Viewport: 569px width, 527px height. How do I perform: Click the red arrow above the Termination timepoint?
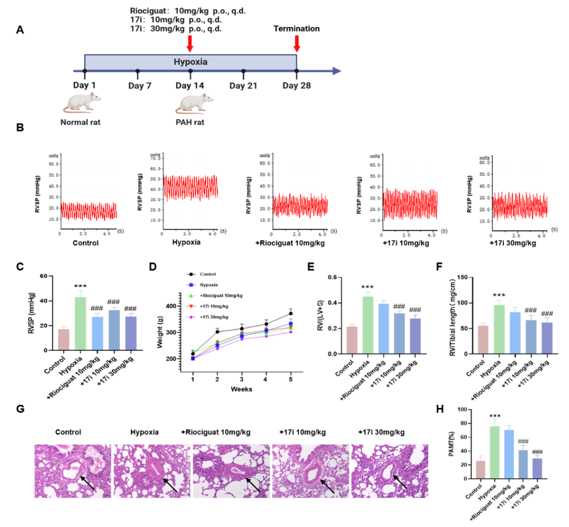click(x=297, y=43)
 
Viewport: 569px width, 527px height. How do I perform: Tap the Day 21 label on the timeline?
click(x=243, y=86)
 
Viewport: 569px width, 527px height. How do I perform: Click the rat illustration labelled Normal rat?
click(x=82, y=102)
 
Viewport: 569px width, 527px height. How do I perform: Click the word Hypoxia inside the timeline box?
click(x=190, y=62)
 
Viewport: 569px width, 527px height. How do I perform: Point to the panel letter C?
click(x=20, y=267)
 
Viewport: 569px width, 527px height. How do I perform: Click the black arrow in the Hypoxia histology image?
click(x=169, y=482)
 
